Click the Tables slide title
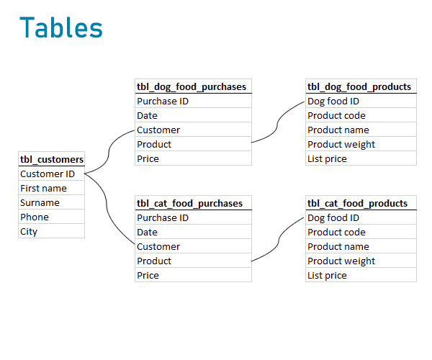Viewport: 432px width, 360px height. (61, 27)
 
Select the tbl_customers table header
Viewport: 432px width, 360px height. (52, 159)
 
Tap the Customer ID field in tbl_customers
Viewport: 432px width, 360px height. (48, 174)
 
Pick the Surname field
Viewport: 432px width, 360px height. (40, 202)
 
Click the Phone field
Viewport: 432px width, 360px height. (35, 217)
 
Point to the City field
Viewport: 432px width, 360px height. (29, 231)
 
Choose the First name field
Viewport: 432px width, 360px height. (43, 188)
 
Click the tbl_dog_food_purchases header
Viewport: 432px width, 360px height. (192, 86)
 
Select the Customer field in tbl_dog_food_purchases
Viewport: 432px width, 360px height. (158, 130)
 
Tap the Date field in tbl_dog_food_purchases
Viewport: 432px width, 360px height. (147, 115)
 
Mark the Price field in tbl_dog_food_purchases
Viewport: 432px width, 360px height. (148, 158)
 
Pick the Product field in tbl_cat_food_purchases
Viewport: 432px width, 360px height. (154, 261)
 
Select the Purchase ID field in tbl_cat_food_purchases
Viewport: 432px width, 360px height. (163, 217)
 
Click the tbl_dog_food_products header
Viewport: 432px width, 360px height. (359, 86)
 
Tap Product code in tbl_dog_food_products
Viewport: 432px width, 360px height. (336, 115)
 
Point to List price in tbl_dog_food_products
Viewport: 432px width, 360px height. (327, 158)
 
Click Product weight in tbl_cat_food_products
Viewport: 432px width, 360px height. (341, 261)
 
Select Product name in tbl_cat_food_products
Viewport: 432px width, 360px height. (338, 246)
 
